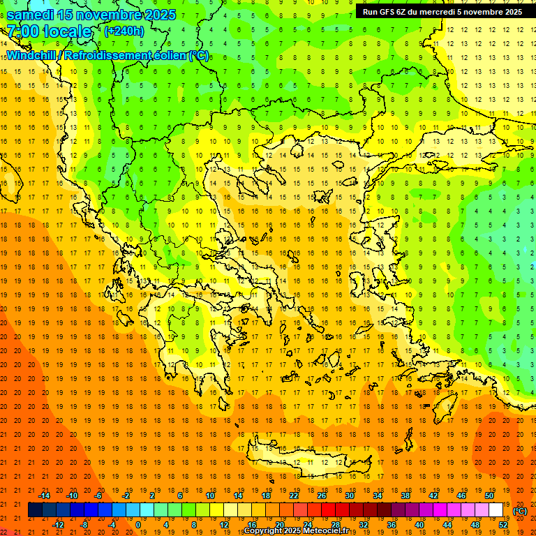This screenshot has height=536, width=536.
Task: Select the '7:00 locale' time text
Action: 49,31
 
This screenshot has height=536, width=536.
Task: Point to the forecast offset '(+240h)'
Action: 124,31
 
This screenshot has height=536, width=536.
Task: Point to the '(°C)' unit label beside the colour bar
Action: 520,511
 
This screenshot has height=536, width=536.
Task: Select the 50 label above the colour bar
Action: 489,496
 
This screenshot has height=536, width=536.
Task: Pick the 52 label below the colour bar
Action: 503,525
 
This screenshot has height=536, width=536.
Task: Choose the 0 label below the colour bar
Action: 138,525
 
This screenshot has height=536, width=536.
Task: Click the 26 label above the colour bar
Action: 321,496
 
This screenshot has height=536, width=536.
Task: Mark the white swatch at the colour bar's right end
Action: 496,510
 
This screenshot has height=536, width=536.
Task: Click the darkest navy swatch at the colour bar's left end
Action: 36,510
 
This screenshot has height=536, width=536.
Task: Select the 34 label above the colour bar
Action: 377,496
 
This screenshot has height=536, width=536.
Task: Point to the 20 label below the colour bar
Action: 279,525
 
